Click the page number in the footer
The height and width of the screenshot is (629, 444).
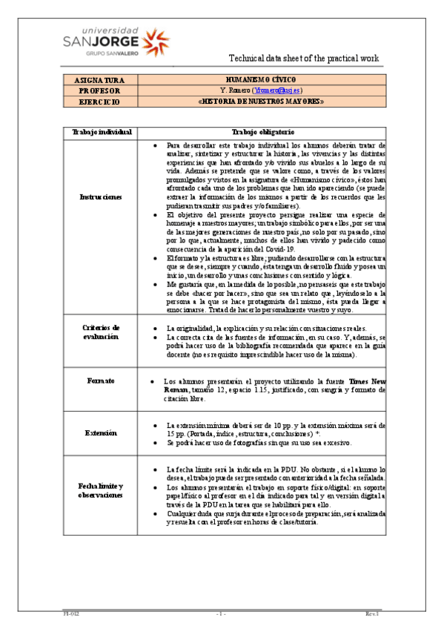click(221, 614)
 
